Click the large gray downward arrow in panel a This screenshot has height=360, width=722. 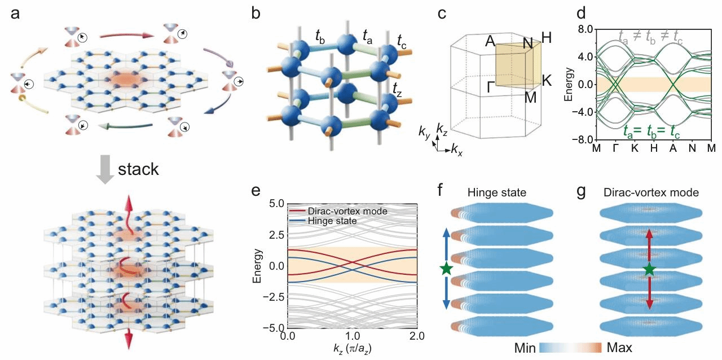[105, 169]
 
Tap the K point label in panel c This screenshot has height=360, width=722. [546, 81]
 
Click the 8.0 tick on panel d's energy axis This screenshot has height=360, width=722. [584, 29]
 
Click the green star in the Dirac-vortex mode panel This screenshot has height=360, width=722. [649, 269]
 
